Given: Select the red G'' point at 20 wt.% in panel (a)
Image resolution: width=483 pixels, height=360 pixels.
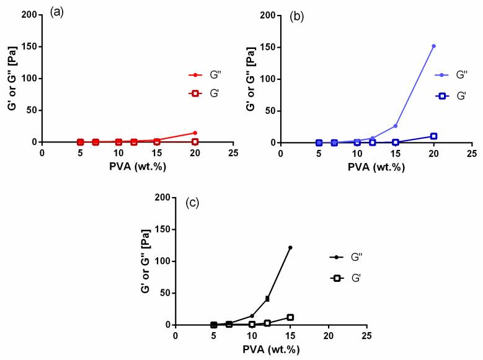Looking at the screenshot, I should (195, 133).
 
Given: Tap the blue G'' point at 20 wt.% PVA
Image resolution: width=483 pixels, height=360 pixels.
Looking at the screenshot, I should (434, 46).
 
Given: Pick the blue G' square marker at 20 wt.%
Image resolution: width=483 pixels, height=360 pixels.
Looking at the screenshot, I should (434, 136).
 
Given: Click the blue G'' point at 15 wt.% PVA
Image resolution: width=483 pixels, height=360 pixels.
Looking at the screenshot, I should (396, 126).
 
